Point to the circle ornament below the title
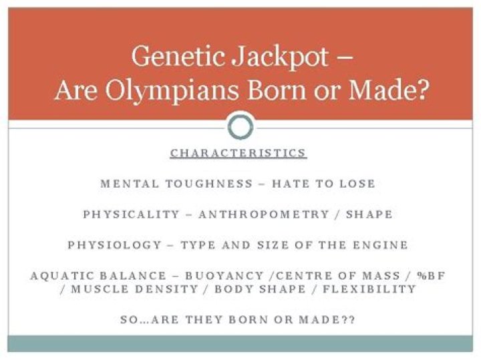[x=240, y=126]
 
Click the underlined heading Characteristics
[x=238, y=153]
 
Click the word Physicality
[x=132, y=214]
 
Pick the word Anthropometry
[x=264, y=214]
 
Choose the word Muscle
[x=102, y=289]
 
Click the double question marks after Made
[x=347, y=320]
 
